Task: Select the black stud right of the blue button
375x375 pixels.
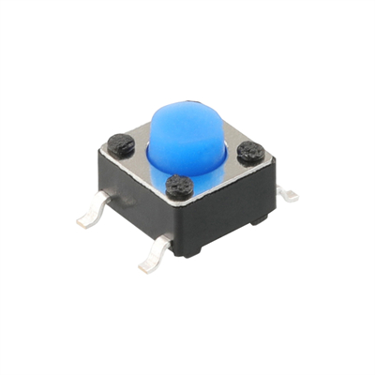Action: point(250,152)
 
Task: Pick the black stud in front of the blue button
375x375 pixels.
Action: point(178,186)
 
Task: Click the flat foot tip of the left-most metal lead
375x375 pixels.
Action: point(85,221)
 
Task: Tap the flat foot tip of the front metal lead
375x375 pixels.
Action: point(148,265)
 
